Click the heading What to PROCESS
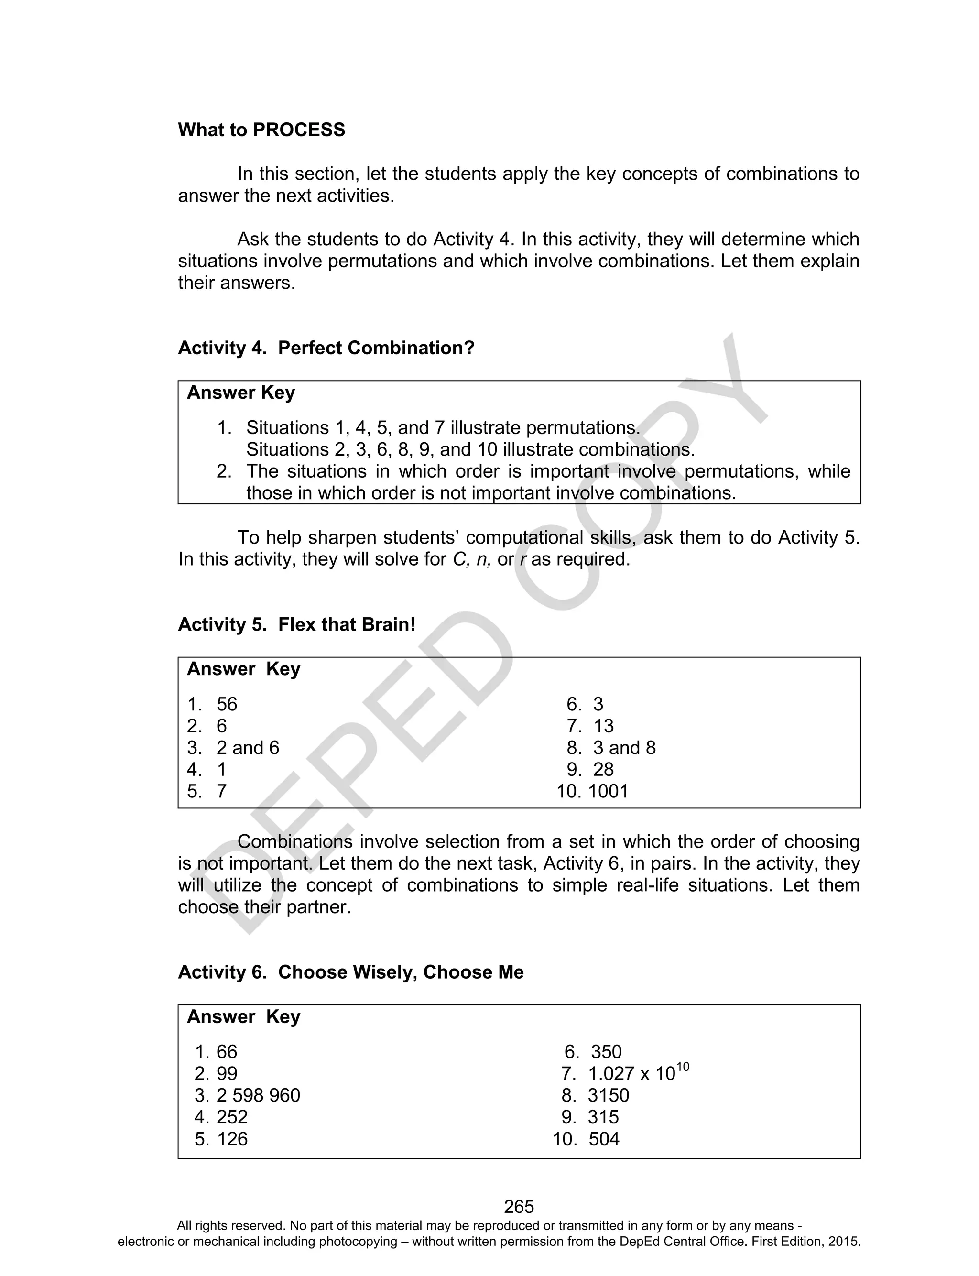(x=261, y=130)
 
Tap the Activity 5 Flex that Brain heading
(x=296, y=624)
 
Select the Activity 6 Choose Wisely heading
(x=350, y=972)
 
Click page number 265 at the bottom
(x=519, y=1206)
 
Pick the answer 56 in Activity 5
(x=227, y=704)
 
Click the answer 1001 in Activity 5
(x=609, y=791)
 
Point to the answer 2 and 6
(x=248, y=748)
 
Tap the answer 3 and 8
(x=624, y=748)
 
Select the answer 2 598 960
(x=258, y=1095)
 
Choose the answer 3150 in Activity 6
(x=609, y=1095)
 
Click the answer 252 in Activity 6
(x=232, y=1117)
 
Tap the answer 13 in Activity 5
(x=604, y=726)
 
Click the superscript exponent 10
(x=683, y=1067)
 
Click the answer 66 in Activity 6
(x=227, y=1052)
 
